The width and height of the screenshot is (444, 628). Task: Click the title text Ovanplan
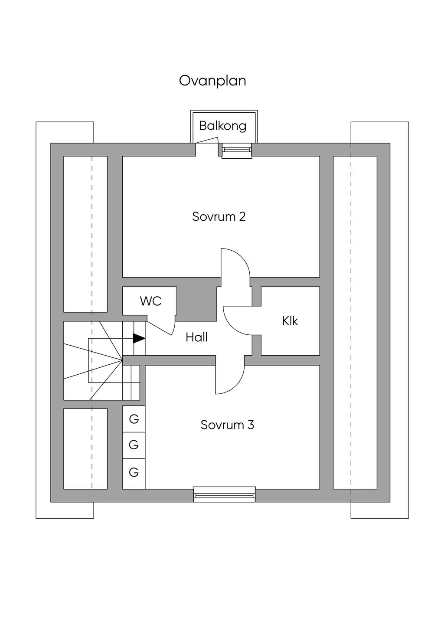pos(212,81)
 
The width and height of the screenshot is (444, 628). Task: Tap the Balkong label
pos(222,126)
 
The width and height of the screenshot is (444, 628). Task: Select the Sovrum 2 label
pos(219,216)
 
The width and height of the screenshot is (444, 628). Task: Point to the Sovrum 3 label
pos(227,425)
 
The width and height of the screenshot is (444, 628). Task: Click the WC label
pos(150,301)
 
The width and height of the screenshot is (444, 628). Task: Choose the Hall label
pos(196,337)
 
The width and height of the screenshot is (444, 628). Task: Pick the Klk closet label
pos(290,321)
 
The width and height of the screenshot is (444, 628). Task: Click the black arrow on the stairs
pos(138,338)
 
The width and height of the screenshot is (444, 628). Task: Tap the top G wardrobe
pos(134,419)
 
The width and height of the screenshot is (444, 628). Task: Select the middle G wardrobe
pos(134,445)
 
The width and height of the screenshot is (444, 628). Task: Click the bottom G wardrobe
pos(134,472)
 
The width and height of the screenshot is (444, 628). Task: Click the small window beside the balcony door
pos(237,150)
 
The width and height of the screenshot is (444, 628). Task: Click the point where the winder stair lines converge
pos(123,359)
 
